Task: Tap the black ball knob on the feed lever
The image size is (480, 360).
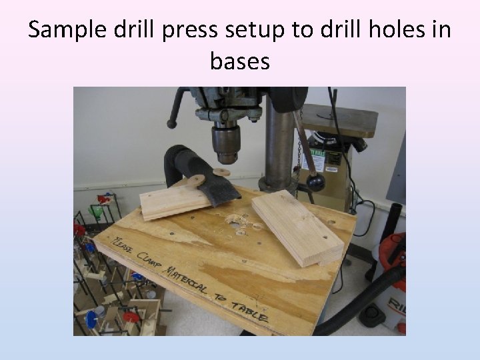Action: point(315,181)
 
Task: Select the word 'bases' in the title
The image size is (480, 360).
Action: point(240,61)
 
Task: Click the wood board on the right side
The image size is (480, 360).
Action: point(297,227)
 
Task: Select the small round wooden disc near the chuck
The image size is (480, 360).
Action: point(196,181)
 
